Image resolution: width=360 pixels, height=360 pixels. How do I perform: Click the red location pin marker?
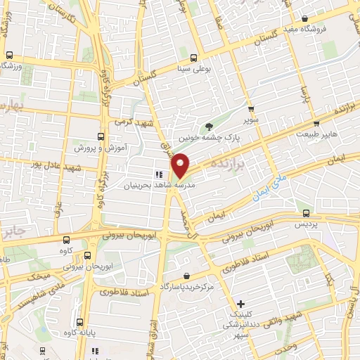point(181,165)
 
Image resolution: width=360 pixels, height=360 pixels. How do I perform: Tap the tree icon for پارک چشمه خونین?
point(209,127)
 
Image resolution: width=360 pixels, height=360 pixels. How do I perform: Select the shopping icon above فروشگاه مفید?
point(303,19)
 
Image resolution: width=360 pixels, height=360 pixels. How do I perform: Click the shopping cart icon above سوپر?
point(251,109)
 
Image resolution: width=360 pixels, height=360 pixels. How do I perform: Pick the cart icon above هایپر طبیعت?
point(306,122)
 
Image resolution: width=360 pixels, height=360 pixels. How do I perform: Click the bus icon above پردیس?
point(305,212)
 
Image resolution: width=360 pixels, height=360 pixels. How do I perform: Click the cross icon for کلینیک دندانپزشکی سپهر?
point(241,304)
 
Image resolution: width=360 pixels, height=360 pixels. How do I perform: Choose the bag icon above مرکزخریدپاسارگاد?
point(186,276)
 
